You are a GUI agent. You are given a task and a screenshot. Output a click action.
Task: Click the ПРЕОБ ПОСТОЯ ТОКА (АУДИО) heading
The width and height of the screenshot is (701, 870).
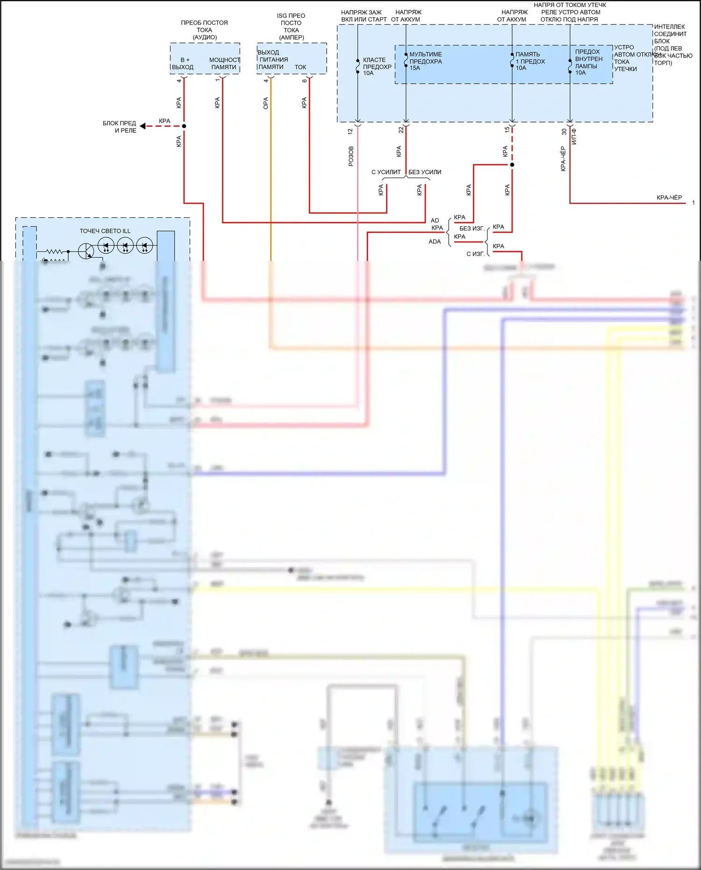point(204,30)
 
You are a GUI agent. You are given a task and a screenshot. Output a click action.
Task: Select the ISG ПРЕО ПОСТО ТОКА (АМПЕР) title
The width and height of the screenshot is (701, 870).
point(291,27)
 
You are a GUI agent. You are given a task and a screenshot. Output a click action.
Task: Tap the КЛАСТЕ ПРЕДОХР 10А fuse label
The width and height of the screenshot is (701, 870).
point(377,66)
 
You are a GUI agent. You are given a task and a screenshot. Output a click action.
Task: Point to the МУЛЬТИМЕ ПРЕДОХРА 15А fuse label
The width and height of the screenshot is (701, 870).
point(425,61)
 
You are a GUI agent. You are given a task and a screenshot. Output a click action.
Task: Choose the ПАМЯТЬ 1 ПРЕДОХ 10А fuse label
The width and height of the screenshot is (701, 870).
point(530,61)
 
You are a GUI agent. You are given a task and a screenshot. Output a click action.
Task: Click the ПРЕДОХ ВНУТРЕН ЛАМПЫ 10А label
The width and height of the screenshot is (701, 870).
point(588,62)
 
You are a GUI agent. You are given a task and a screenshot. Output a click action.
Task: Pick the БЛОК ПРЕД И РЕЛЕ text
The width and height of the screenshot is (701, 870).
point(120,127)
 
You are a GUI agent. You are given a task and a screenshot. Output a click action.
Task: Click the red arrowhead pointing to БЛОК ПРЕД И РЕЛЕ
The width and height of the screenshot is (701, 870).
point(143,126)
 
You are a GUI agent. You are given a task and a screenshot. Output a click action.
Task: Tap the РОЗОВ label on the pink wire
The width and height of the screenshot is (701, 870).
point(351,156)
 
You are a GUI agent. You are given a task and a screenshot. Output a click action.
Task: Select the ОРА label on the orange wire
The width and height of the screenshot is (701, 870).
point(265,103)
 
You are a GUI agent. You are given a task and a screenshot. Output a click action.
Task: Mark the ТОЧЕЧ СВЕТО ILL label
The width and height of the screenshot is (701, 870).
point(105,231)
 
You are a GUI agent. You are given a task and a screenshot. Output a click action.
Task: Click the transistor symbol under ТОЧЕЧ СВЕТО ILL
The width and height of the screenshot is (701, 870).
point(86,251)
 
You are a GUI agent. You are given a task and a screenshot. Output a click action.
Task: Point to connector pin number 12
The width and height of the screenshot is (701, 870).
point(350,132)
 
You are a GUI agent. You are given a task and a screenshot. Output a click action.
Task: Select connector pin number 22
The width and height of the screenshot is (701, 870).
point(401,130)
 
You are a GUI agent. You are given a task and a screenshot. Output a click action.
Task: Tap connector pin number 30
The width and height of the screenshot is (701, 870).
point(564,132)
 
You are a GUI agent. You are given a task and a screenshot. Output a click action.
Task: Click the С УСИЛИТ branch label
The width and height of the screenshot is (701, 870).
point(386,172)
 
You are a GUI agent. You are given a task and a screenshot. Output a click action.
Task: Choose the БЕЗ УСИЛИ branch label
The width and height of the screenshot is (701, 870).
point(425,172)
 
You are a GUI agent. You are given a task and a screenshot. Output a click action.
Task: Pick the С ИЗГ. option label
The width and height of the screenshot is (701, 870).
point(475,254)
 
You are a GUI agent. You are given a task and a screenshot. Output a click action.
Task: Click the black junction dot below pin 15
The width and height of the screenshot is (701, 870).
point(512,165)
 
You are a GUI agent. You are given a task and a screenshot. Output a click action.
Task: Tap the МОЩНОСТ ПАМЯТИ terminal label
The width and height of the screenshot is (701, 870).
point(224,64)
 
